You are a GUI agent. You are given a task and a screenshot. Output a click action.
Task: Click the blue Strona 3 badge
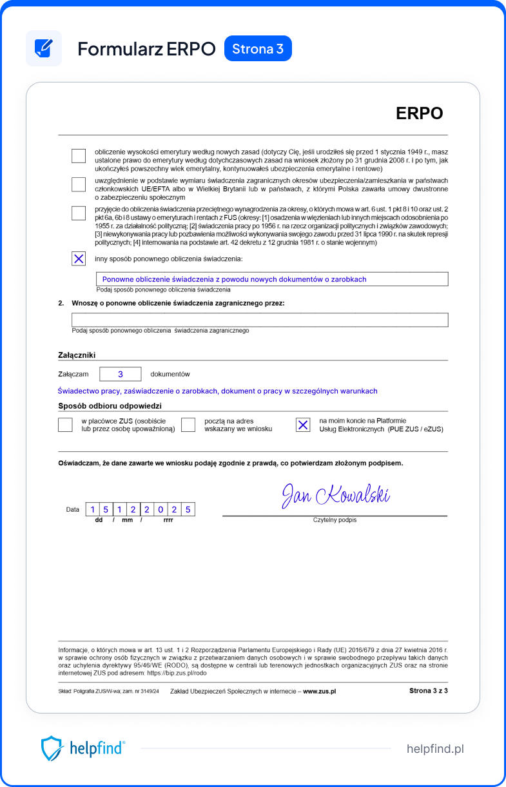click(x=258, y=49)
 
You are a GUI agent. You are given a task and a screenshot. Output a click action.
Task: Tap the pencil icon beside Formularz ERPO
click(x=44, y=48)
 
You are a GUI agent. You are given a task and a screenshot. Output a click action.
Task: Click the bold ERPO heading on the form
click(x=419, y=113)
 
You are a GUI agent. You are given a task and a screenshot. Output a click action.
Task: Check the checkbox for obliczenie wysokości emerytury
click(x=79, y=156)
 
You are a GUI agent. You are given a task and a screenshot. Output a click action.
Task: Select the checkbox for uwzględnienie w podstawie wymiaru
click(x=79, y=184)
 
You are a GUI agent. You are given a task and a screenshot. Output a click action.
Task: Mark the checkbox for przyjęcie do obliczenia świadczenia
click(x=79, y=213)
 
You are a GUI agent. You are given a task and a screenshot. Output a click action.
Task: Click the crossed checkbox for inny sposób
click(x=79, y=258)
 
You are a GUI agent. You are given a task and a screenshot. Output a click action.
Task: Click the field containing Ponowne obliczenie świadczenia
click(x=272, y=279)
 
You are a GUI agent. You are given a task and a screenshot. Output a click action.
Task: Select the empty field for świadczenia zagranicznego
click(x=260, y=320)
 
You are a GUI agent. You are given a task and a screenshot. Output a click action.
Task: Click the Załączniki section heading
click(x=77, y=354)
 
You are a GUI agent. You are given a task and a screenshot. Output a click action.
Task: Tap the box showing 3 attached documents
click(x=121, y=374)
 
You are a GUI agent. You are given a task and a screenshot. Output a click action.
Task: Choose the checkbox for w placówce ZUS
click(x=65, y=425)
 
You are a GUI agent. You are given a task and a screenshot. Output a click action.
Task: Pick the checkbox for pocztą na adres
click(x=188, y=425)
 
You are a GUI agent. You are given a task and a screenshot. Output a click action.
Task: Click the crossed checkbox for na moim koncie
click(x=303, y=425)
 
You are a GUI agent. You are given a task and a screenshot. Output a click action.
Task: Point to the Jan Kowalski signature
click(x=335, y=495)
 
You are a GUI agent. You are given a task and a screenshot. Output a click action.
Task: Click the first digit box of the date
click(x=93, y=510)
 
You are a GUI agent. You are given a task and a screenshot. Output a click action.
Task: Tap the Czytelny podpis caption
click(x=335, y=520)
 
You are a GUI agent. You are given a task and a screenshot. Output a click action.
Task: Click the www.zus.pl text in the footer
click(x=319, y=691)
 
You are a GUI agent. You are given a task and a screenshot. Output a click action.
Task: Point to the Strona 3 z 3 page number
click(x=428, y=690)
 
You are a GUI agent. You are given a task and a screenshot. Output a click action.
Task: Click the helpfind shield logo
click(x=52, y=748)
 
